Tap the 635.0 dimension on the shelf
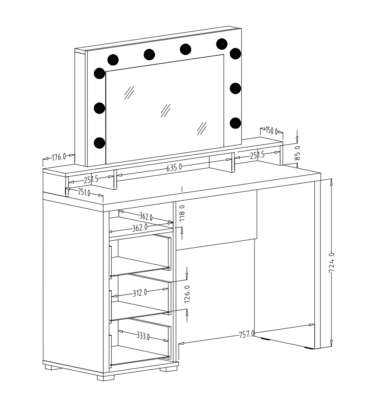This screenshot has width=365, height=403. coord(174,167)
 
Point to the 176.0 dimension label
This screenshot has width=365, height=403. coord(58,157)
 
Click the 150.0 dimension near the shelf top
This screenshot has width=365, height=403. coord(272,130)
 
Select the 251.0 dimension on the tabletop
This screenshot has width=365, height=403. coord(84,192)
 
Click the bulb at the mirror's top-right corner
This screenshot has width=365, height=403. coord(222,43)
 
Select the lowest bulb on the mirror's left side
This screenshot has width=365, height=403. coord(100,142)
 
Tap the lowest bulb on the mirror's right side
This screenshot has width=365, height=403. coord(235,123)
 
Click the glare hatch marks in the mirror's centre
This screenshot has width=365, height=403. coord(165,109)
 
